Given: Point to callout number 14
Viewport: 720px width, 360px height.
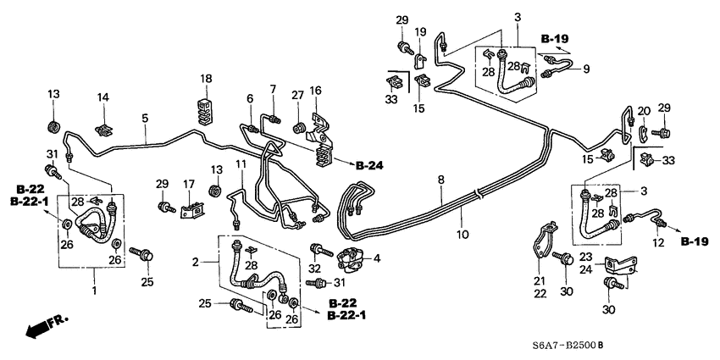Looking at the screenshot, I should pos(102,97).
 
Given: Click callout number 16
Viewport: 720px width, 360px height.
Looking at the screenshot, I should pos(316,90).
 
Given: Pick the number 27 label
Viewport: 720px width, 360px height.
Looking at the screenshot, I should pos(297,95).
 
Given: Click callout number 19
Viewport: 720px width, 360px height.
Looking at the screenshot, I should pos(420,32).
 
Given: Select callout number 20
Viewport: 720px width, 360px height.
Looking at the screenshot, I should pos(643,110).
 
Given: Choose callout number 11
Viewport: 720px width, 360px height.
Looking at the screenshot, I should pos(241,163).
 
